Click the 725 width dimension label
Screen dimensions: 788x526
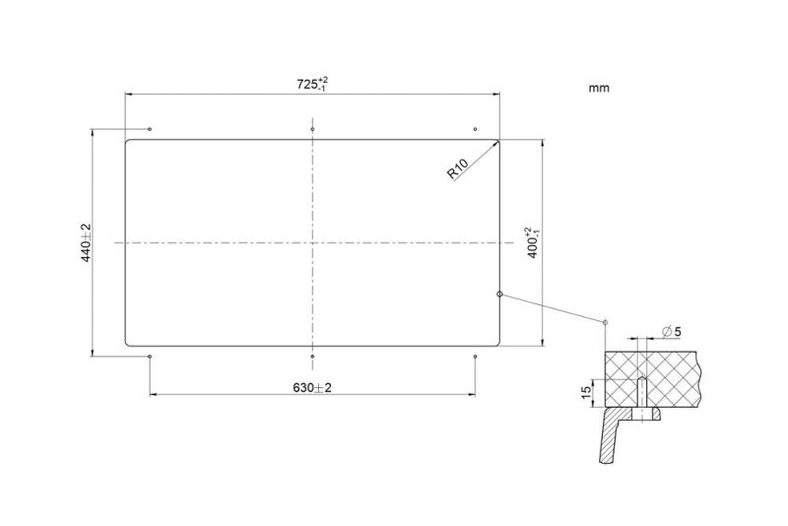click(312, 84)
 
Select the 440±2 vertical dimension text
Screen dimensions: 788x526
click(86, 242)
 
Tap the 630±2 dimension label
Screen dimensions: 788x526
click(312, 387)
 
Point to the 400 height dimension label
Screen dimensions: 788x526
click(533, 242)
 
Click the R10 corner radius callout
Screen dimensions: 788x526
click(457, 168)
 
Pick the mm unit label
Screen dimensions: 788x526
click(599, 88)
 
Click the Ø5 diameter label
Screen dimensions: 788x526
click(672, 332)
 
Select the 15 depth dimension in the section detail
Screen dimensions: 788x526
click(586, 392)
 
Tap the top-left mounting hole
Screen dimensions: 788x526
click(150, 129)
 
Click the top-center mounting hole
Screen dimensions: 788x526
click(312, 129)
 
